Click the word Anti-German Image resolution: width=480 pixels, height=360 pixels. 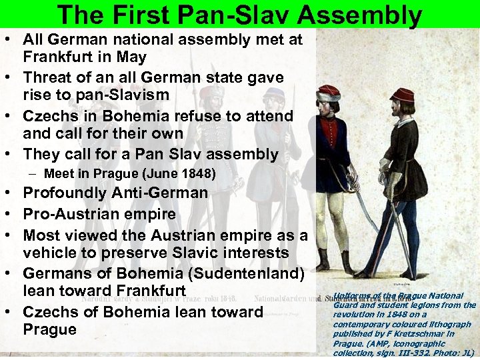(x=167, y=193)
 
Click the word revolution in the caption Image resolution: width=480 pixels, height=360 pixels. (x=356, y=315)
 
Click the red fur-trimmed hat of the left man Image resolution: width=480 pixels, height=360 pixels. (x=329, y=93)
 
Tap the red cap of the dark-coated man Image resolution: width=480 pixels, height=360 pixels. (x=402, y=95)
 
